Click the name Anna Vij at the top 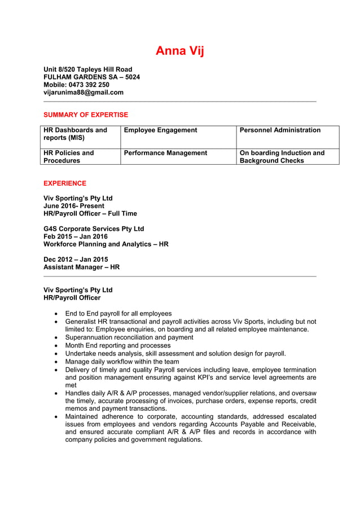pyautogui.click(x=179, y=51)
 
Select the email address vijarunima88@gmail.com pyautogui.click(x=84, y=93)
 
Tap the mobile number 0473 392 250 pyautogui.click(x=77, y=85)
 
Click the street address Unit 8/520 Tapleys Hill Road pyautogui.click(x=88, y=69)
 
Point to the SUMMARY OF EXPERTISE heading pyautogui.click(x=86, y=115)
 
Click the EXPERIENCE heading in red pyautogui.click(x=65, y=183)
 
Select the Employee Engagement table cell pyautogui.click(x=160, y=130)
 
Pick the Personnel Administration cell pyautogui.click(x=280, y=130)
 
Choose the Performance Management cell pyautogui.click(x=165, y=153)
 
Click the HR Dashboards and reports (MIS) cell pyautogui.click(x=76, y=134)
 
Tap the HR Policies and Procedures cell pyautogui.click(x=69, y=156)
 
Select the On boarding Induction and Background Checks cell pyautogui.click(x=282, y=156)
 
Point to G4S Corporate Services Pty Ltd pyautogui.click(x=94, y=229)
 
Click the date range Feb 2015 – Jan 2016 pyautogui.click(x=76, y=236)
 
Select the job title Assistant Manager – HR pyautogui.click(x=81, y=267)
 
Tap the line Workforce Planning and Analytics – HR pyautogui.click(x=106, y=244)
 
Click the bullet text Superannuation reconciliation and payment pyautogui.click(x=129, y=337)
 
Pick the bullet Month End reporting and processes pyautogui.click(x=117, y=345)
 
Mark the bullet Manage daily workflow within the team pyautogui.click(x=122, y=362)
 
